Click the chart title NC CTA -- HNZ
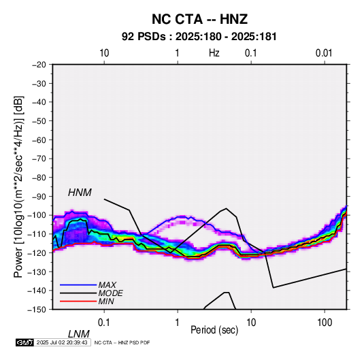(199, 19)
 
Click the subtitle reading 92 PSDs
(144, 37)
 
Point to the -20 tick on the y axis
(39, 65)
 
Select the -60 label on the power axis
(39, 140)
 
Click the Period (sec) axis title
(214, 330)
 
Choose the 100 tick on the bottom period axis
(325, 323)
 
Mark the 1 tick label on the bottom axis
(178, 323)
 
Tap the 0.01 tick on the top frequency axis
(324, 53)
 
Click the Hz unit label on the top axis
(214, 53)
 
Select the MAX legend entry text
(107, 284)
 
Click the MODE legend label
(110, 293)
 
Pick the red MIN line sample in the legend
(78, 301)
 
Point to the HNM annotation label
(80, 193)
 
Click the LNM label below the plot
(79, 334)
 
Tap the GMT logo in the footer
(24, 342)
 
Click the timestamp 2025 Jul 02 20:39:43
(62, 342)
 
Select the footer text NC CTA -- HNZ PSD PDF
(122, 342)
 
